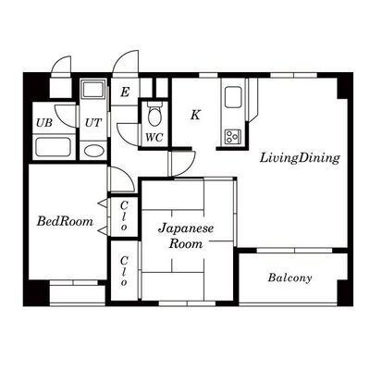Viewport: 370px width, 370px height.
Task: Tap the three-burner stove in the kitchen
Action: click(233, 136)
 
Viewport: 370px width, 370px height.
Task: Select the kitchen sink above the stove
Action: click(233, 97)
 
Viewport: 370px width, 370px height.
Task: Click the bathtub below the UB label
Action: click(53, 147)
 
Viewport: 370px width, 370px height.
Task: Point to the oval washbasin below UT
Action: click(93, 151)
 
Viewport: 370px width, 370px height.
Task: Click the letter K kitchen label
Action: click(195, 115)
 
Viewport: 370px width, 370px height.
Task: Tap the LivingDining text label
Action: click(300, 158)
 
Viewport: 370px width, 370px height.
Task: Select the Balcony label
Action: click(290, 277)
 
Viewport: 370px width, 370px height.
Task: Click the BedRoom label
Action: click(65, 221)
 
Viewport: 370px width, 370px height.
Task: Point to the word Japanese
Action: click(186, 228)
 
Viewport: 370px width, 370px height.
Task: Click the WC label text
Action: click(154, 138)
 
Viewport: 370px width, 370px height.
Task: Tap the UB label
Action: click(44, 123)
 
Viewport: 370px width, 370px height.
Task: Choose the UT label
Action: click(92, 123)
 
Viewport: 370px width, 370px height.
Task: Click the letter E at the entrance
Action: click(125, 92)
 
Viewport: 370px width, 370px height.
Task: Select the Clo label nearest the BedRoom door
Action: click(124, 216)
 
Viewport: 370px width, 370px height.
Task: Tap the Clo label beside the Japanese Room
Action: click(124, 271)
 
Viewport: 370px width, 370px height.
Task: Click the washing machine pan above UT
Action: click(93, 90)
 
